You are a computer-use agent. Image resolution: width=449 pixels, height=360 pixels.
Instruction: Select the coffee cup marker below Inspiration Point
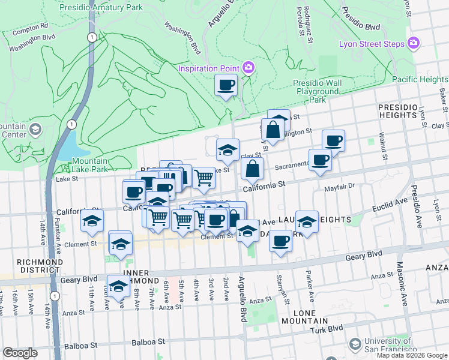pos(226,86)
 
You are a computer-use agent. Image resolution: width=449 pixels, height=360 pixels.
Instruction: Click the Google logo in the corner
pos(20,353)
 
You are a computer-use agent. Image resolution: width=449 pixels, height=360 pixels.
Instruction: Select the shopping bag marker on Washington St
pos(273,130)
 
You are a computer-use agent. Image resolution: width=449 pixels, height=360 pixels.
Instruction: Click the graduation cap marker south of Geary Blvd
pos(118,287)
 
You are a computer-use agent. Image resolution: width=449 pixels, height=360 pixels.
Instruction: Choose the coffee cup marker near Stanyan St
pos(280,242)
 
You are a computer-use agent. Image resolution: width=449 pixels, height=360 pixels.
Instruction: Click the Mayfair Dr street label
pos(340,187)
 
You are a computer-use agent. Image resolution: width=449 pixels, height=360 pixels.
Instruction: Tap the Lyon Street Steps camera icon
pos(412,43)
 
